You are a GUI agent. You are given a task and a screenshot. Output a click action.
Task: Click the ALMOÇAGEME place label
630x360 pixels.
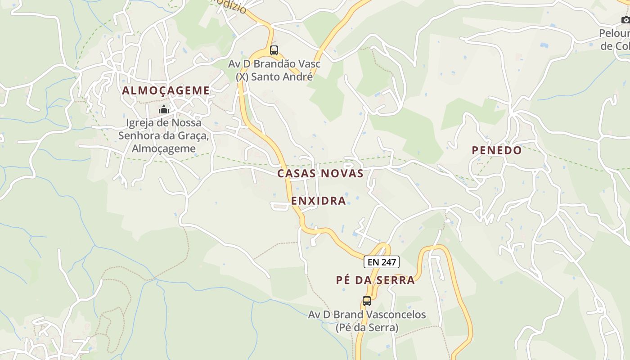(166, 90)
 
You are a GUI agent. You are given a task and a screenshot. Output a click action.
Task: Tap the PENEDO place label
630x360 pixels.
(496, 150)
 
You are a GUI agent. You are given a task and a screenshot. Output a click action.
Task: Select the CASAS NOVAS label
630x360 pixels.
(320, 173)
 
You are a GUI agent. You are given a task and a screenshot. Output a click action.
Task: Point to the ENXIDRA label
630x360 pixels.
(319, 201)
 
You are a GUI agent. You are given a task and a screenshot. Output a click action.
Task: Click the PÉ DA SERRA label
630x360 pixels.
(375, 280)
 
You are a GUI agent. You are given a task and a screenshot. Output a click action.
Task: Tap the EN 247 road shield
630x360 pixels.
(382, 262)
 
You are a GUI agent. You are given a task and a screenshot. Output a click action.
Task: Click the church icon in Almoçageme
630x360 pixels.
(163, 109)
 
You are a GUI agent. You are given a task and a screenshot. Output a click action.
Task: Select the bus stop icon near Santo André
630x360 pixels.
(274, 50)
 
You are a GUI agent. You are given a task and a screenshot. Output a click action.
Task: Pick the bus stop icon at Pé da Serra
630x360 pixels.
(367, 301)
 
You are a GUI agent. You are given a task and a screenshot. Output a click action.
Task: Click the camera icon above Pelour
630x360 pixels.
(625, 20)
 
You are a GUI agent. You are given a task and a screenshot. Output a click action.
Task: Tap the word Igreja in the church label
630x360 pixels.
(140, 123)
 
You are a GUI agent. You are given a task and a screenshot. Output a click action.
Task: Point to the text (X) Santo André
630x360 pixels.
(274, 76)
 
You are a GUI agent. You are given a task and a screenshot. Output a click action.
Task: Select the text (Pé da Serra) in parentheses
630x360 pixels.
(367, 327)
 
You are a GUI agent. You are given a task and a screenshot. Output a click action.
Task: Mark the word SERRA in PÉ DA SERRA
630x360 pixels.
(396, 280)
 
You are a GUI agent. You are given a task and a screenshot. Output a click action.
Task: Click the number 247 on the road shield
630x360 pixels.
(388, 262)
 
